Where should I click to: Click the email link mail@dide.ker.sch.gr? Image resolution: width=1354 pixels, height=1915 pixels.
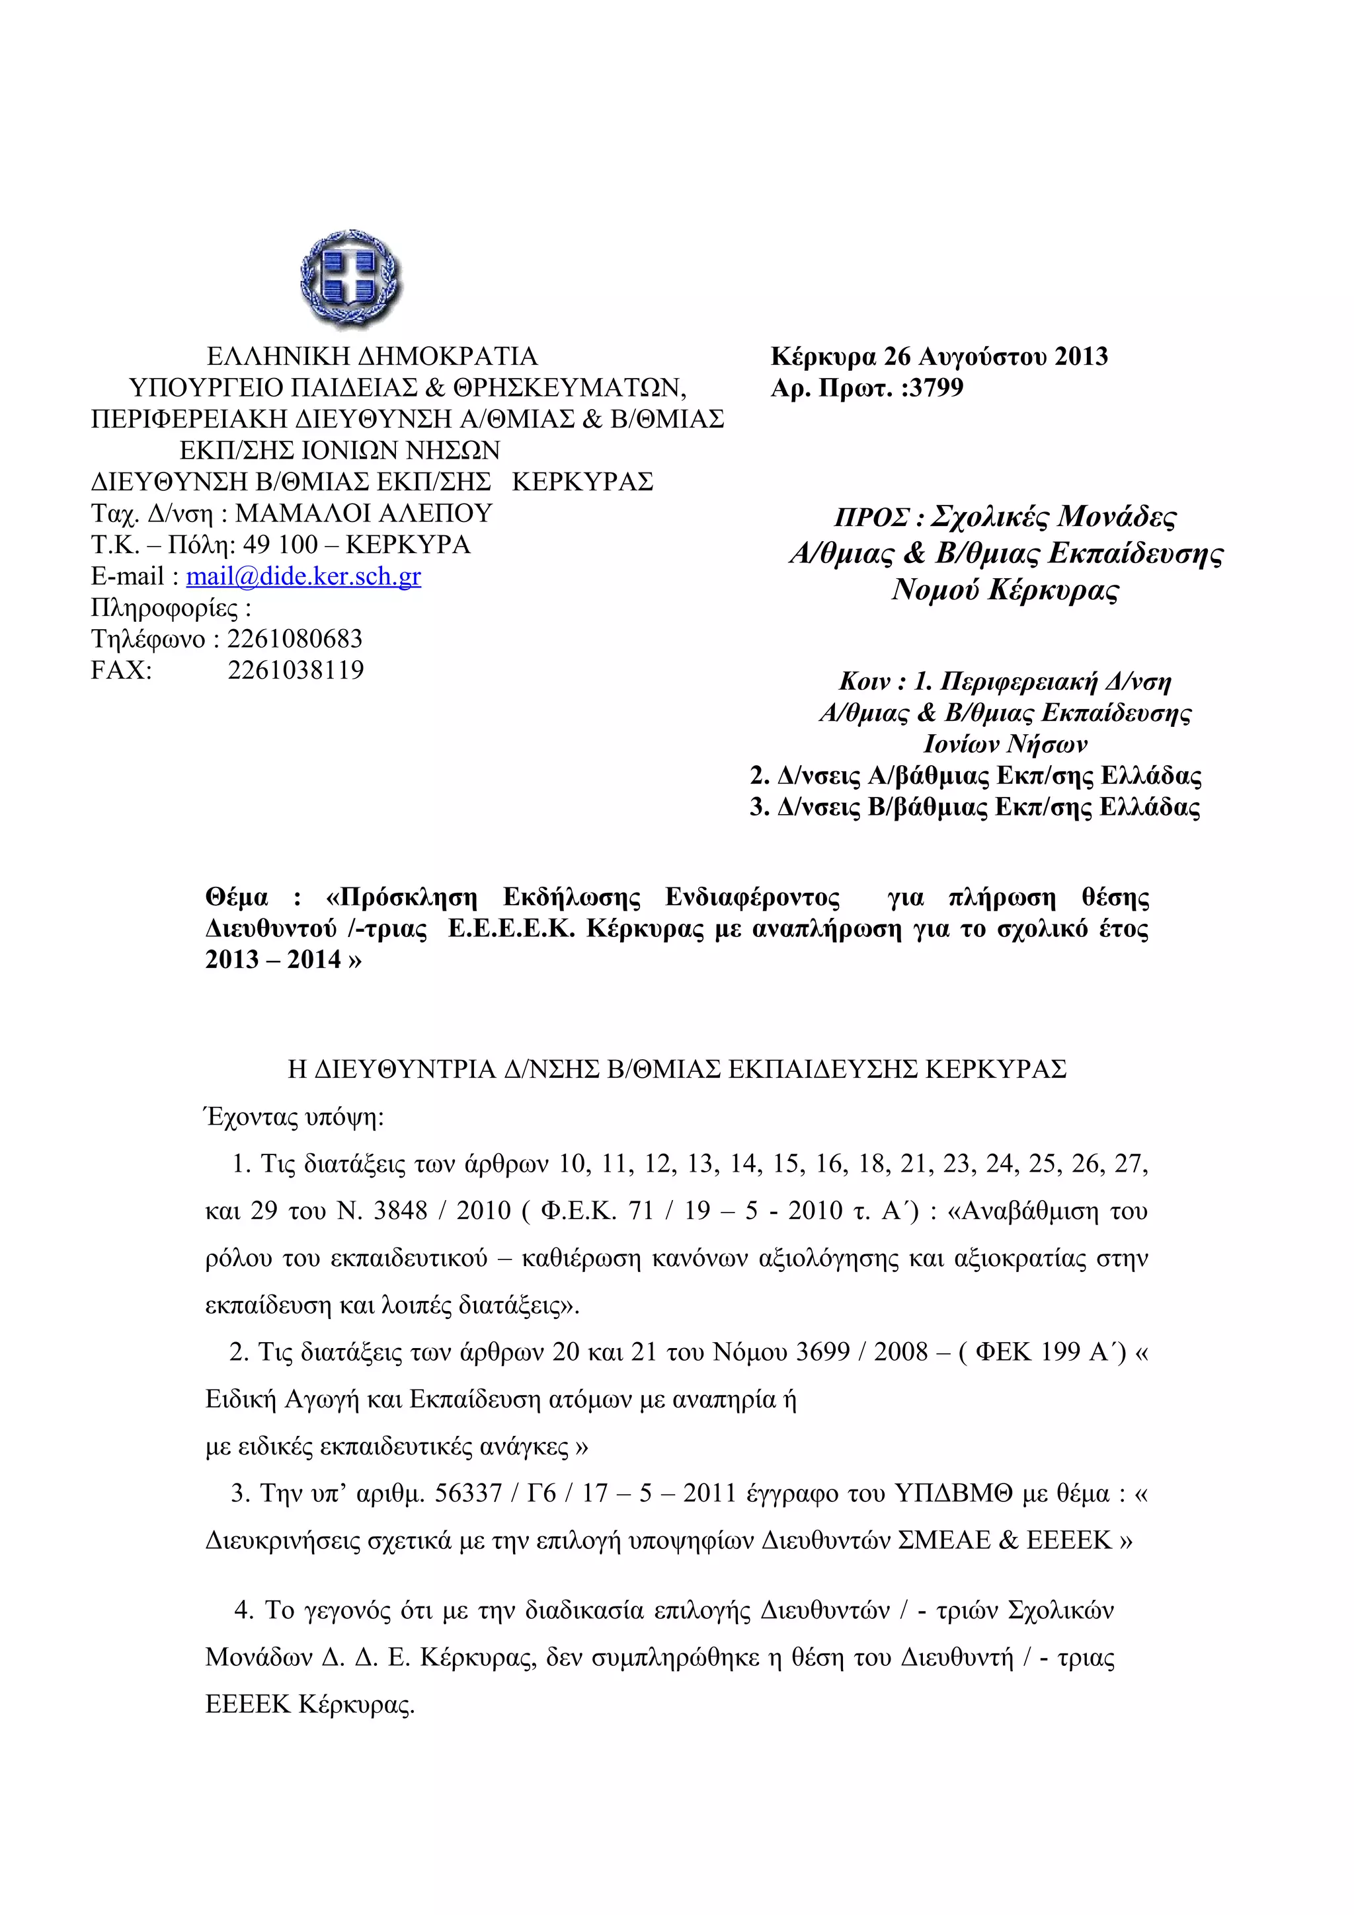click(303, 576)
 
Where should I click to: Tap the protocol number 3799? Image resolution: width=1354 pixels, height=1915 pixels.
click(936, 388)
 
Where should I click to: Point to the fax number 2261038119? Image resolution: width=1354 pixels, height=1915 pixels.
click(296, 671)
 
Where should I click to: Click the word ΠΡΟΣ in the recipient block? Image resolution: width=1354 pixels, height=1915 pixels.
click(872, 518)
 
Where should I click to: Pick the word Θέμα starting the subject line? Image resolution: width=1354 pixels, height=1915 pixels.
click(237, 898)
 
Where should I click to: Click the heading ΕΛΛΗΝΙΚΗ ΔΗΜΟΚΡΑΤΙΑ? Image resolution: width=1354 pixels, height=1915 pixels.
click(372, 357)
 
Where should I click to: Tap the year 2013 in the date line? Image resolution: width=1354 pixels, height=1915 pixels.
click(1080, 357)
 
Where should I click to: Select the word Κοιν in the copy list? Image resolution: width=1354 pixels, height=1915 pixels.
click(864, 682)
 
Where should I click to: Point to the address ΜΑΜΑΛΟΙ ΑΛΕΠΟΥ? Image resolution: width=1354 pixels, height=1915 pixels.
click(364, 513)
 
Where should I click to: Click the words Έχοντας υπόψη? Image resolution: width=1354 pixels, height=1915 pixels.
click(294, 1117)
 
